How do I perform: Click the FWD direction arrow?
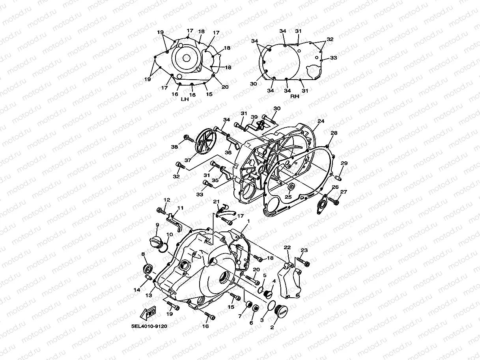149,314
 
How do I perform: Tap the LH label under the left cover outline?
185,99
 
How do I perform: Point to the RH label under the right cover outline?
295,96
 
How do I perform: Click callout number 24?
321,121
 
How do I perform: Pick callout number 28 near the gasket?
334,133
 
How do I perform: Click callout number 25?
288,197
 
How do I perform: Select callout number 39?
254,117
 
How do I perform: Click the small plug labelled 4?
270,293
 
